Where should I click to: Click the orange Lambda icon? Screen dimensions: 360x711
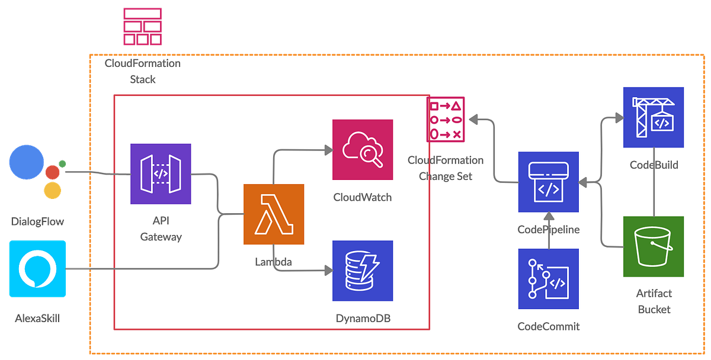pos(274,214)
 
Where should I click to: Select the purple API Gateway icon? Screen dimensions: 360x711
pos(161,173)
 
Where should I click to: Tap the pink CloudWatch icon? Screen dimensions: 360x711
pos(363,150)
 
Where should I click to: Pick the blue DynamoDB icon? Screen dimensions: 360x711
pos(363,271)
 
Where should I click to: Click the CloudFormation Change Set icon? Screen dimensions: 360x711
pos(446,120)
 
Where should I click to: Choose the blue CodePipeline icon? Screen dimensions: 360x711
pos(548,182)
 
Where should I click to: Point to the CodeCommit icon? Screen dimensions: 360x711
pos(548,279)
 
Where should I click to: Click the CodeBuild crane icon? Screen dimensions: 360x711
pos(654,117)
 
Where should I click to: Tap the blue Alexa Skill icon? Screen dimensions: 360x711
pos(37,269)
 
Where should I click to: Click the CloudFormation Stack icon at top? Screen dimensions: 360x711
pos(143,26)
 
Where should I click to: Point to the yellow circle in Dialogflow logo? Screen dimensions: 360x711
pos(52,191)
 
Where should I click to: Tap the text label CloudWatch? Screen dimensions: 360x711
pos(363,197)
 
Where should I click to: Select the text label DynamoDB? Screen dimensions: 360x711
pos(363,319)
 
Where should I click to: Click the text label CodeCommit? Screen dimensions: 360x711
pos(548,326)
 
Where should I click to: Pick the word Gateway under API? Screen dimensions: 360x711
pos(161,237)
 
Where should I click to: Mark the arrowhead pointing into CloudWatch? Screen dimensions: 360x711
pos(328,150)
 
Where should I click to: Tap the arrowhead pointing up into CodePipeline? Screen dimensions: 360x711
pos(548,216)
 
